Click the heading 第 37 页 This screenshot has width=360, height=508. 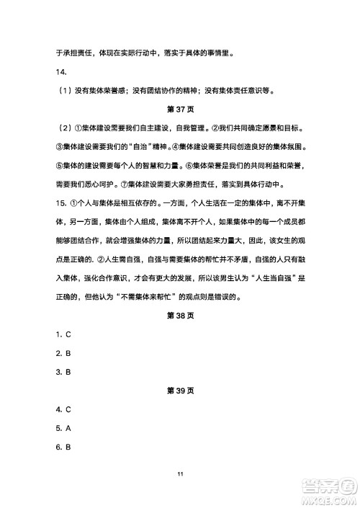click(180, 110)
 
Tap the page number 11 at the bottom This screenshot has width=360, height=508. click(180, 473)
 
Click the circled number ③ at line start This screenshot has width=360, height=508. click(60, 148)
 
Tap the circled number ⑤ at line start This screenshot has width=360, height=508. click(60, 166)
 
